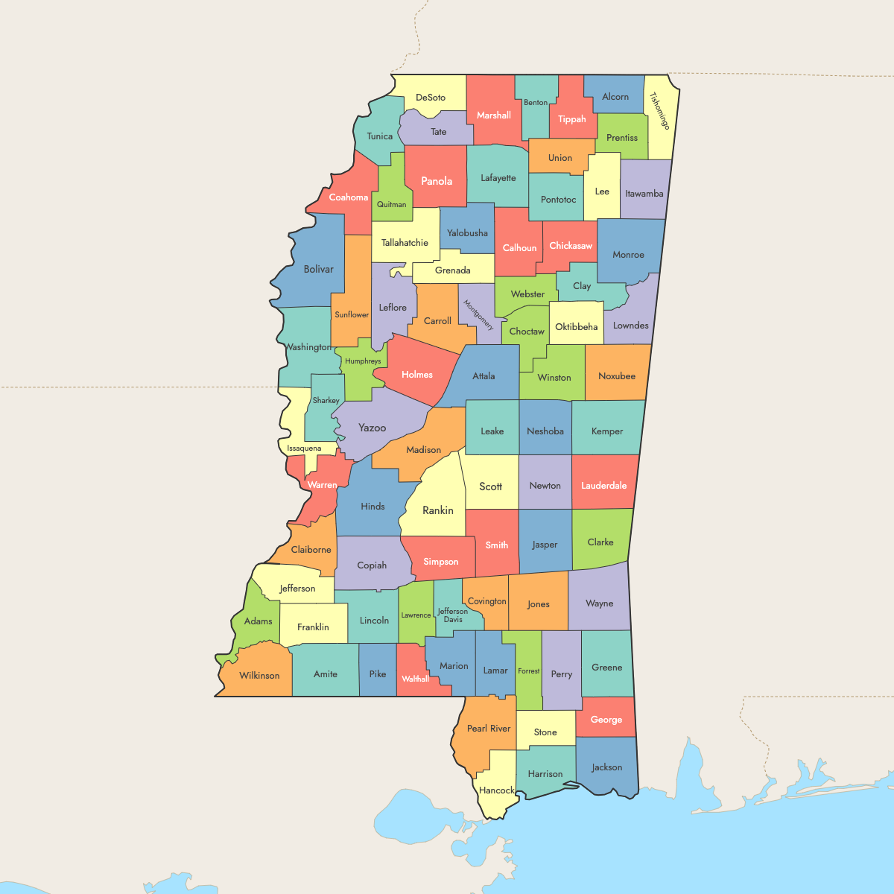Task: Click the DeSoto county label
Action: (x=431, y=98)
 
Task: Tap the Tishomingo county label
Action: (x=660, y=111)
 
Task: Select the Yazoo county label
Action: (x=372, y=428)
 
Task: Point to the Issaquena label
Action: (x=304, y=448)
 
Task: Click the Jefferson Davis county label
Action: (x=453, y=615)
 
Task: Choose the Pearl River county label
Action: (x=489, y=729)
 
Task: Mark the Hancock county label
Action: (x=497, y=790)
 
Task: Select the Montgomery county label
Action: (x=478, y=315)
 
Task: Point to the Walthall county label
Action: (x=415, y=679)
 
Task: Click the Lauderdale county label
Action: (x=603, y=486)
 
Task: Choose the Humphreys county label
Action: (x=363, y=361)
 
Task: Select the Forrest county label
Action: (x=529, y=671)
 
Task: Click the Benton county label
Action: (x=536, y=103)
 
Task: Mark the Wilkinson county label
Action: (x=259, y=676)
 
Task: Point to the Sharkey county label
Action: (x=326, y=401)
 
